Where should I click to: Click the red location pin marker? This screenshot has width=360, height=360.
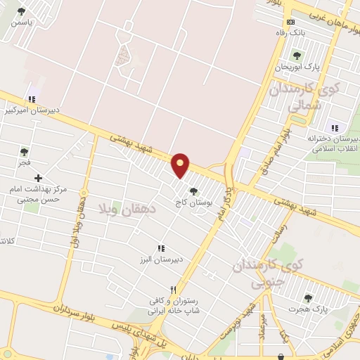click(181, 165)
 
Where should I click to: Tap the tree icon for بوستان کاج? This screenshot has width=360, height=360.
click(193, 191)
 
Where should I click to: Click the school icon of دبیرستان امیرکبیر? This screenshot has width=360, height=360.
click(31, 100)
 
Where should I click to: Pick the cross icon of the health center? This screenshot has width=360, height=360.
click(38, 179)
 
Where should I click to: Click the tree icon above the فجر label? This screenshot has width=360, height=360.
click(25, 151)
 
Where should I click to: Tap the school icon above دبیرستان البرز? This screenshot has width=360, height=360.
click(161, 248)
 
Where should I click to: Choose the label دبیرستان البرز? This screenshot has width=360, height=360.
click(160, 259)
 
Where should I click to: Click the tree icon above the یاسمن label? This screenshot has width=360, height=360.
click(21, 11)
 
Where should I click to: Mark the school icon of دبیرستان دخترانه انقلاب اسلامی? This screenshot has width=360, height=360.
click(334, 128)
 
